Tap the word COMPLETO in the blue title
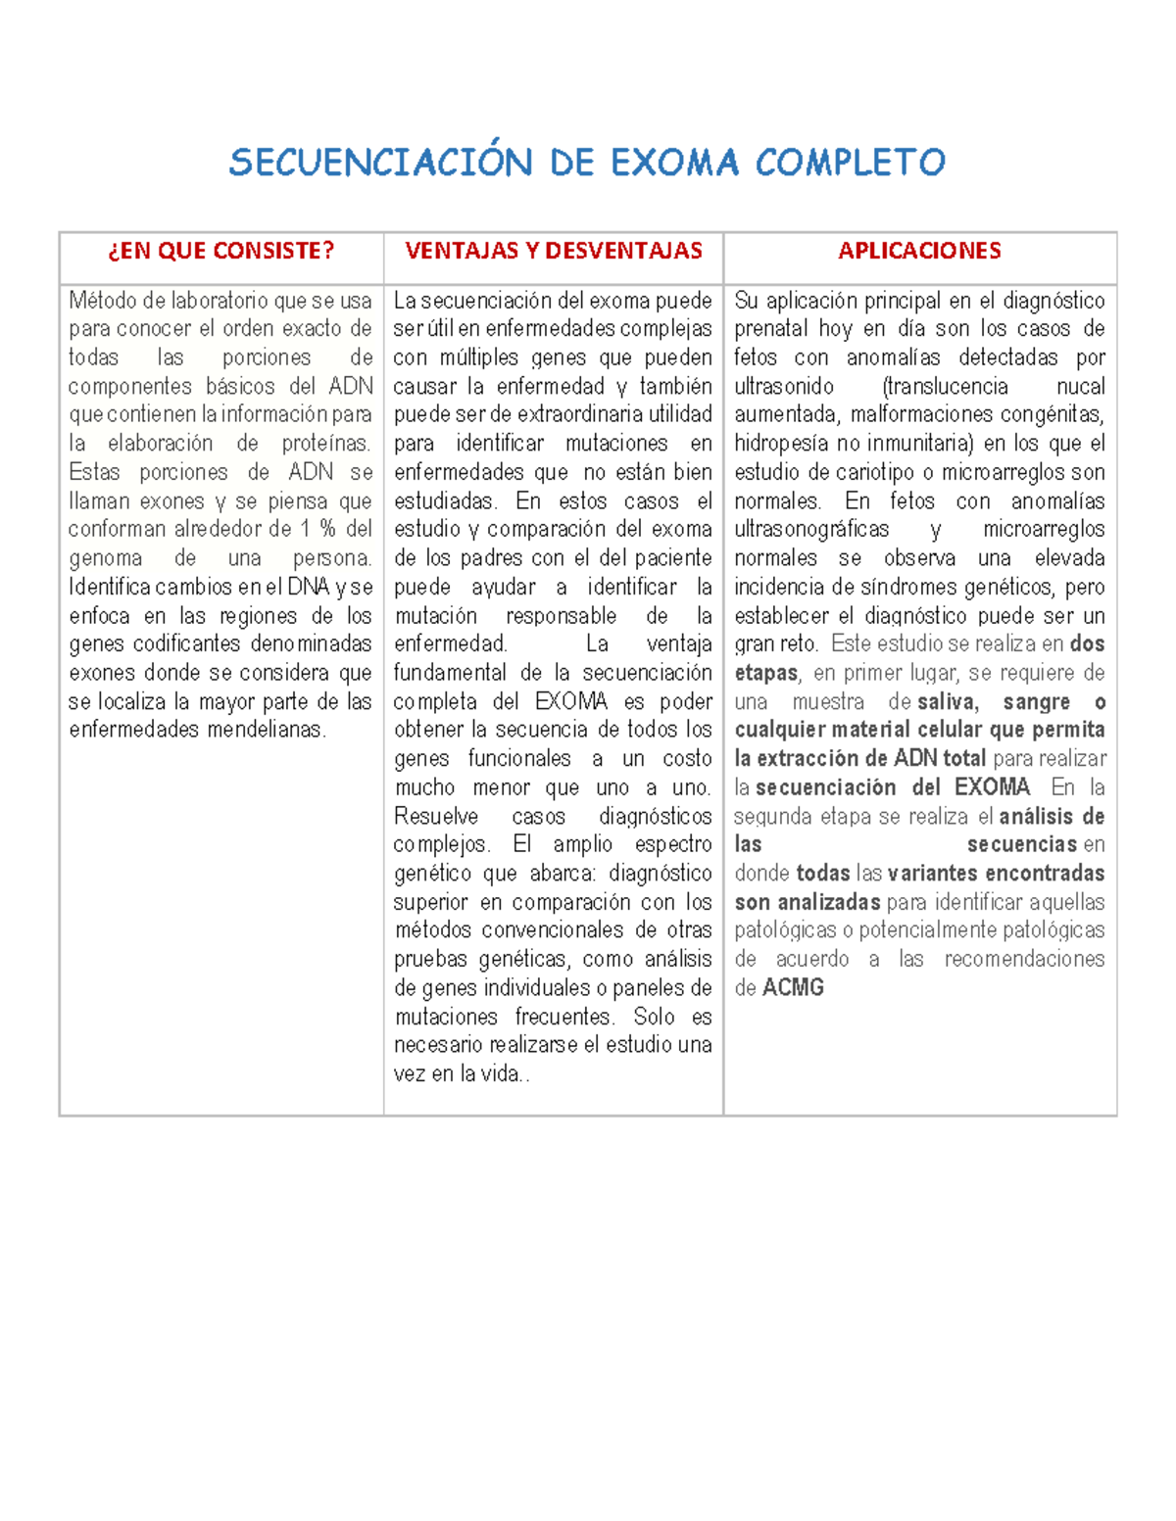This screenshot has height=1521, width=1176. (850, 163)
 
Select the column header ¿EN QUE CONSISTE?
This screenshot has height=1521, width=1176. (220, 251)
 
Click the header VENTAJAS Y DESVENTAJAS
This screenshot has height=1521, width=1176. (554, 251)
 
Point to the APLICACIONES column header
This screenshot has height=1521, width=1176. (919, 251)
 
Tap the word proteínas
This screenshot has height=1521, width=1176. (326, 444)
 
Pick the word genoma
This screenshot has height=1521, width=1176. (105, 558)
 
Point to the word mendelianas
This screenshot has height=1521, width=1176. (265, 730)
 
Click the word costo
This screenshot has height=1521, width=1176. (687, 759)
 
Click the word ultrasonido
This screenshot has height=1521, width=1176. (784, 386)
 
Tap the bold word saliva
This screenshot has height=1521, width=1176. (947, 701)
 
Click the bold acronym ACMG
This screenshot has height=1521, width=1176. (793, 987)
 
